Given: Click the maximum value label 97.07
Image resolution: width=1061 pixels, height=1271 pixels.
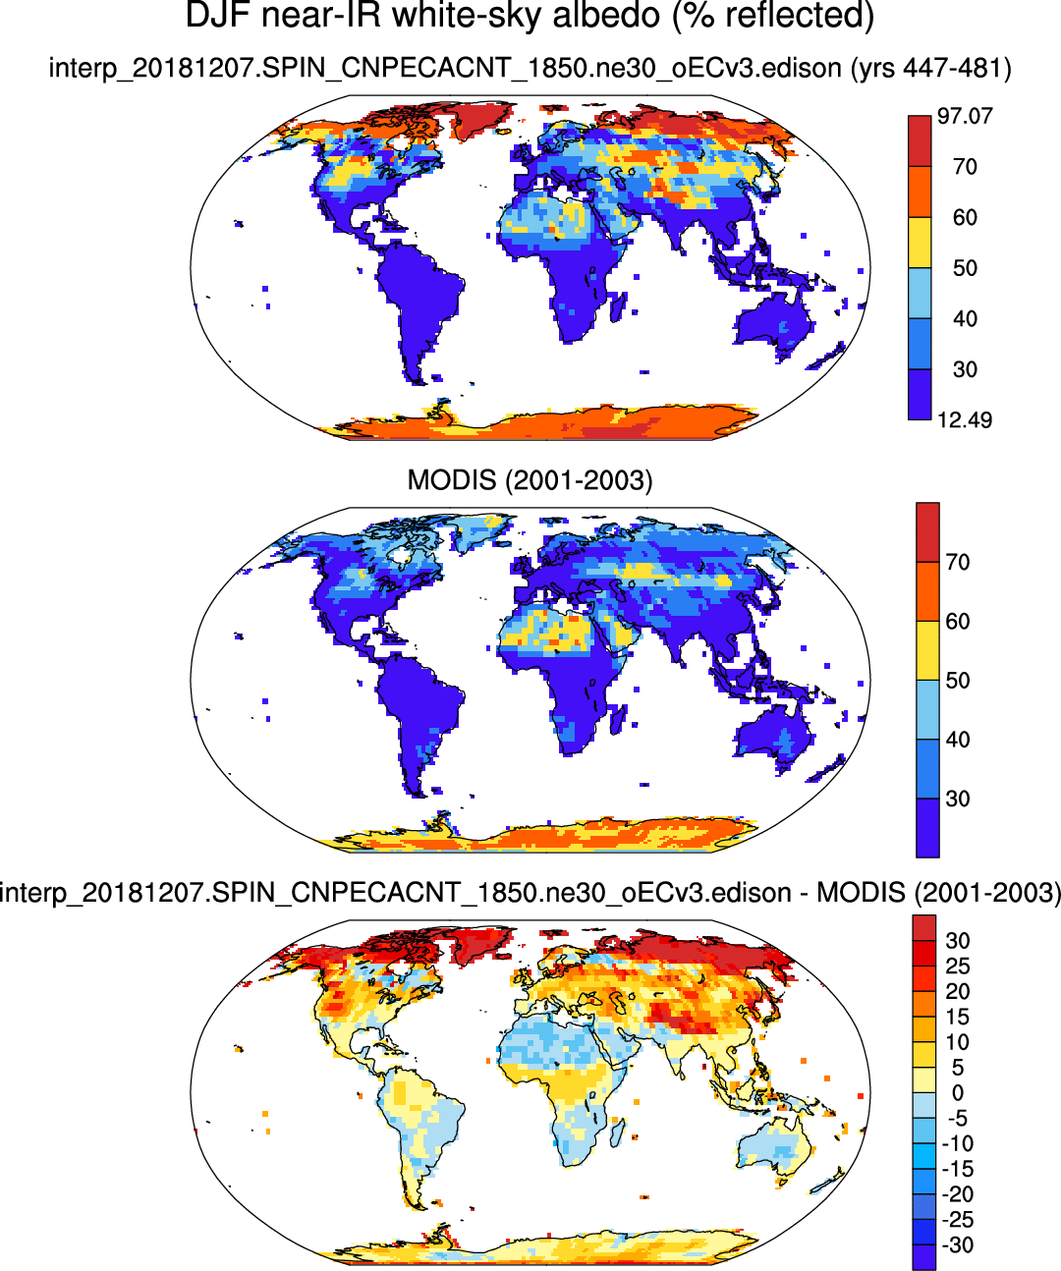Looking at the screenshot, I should coord(965,116).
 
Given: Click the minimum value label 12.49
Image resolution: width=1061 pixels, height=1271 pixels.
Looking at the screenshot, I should coord(965,420).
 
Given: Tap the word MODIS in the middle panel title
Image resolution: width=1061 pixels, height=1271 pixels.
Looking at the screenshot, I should coord(452,480).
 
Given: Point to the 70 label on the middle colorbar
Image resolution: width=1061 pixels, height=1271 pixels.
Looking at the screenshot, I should coord(958,563).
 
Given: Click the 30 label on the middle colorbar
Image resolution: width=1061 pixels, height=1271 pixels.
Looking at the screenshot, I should coord(958,799).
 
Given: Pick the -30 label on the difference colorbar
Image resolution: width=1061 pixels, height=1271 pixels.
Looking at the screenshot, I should coord(958,1245).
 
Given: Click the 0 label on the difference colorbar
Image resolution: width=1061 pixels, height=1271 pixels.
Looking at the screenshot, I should coord(958,1093).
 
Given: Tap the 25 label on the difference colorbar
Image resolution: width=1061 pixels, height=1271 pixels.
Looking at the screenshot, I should coord(958,967).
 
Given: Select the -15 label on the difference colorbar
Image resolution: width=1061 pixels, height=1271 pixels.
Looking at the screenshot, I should coord(958,1169).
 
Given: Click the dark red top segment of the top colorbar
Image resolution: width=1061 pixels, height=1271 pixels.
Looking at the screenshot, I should coord(920,140).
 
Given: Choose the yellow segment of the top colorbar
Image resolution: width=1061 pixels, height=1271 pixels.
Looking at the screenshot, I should coord(920,243).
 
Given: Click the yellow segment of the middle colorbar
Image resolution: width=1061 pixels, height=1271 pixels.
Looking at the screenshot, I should coord(927,650).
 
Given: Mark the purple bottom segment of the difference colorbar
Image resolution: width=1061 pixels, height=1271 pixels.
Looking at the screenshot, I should coord(923,1257).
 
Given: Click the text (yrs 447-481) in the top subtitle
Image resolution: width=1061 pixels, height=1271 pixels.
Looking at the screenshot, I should coord(931,68).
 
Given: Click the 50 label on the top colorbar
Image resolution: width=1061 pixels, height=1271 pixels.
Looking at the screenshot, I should coord(965,268).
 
